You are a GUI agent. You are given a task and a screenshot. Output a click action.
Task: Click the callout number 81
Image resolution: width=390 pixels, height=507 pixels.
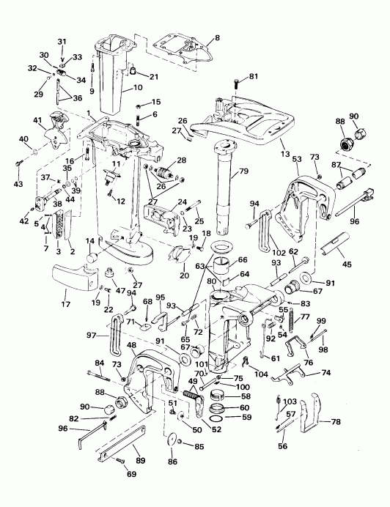pyautogui.click(x=254, y=76)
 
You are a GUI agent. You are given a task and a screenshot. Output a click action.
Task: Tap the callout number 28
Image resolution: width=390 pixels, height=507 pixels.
pyautogui.click(x=180, y=160)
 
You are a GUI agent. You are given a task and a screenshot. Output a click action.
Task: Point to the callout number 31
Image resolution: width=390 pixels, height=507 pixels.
pyautogui.click(x=62, y=40)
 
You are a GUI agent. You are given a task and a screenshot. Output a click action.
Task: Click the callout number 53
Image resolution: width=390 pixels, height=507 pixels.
pyautogui.click(x=296, y=158)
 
